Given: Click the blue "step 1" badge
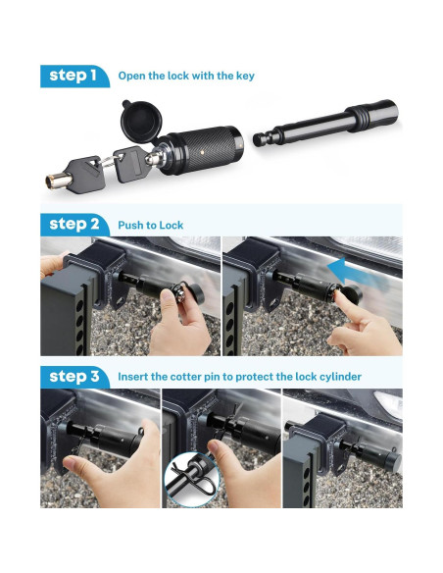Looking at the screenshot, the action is [74, 76].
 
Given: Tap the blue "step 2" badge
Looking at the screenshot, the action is [74, 225].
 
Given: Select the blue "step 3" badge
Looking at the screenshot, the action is [74, 377].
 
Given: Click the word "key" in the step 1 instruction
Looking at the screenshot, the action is [245, 77].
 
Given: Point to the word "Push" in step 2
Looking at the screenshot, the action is [129, 225].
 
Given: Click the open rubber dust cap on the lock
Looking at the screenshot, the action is [140, 121].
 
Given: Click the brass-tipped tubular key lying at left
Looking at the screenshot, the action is [74, 175].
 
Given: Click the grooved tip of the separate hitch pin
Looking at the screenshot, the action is [264, 137].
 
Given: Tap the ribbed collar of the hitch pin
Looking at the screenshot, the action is [356, 117].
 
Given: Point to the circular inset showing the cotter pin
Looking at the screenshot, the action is [191, 479].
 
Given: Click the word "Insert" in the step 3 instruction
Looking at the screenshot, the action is [132, 377].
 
